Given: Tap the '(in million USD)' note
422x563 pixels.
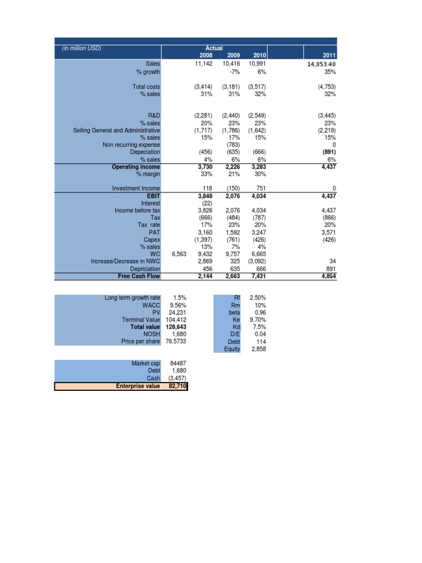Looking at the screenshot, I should coord(81,48).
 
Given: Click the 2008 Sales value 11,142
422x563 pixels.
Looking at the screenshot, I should coord(203,63).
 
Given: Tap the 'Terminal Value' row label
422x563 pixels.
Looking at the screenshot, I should coord(141,319).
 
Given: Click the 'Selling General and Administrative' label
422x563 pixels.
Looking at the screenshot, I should coord(116,130).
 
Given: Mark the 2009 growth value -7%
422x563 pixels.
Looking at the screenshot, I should coord(234,72).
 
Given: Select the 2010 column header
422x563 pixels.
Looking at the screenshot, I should coord(259,56).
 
